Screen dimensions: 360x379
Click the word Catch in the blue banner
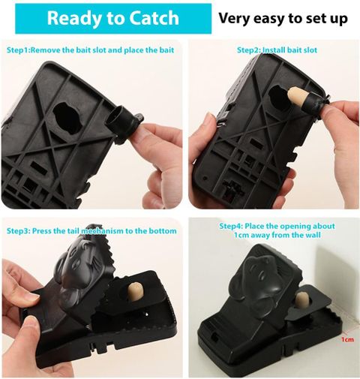154,18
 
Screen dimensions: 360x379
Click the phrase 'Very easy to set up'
283,18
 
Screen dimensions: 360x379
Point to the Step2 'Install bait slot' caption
277,50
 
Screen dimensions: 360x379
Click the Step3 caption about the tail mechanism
91,230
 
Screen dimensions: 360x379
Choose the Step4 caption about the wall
277,230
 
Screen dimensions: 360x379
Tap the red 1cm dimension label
348,339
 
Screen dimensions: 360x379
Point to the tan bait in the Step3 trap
135,291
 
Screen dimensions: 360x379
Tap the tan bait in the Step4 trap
301,302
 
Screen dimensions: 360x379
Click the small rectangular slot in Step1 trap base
39,167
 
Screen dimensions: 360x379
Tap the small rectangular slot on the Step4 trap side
214,337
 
